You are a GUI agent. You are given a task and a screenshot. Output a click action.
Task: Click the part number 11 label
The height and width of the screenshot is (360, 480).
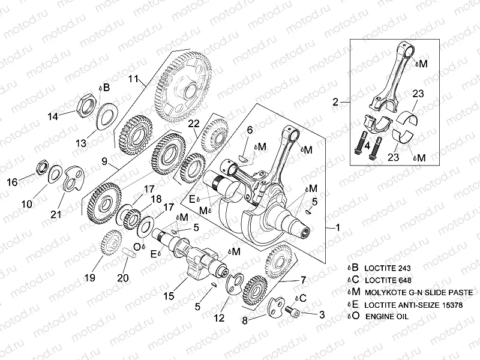(133, 79)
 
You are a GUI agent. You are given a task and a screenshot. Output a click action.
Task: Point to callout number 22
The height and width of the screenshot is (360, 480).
(193, 124)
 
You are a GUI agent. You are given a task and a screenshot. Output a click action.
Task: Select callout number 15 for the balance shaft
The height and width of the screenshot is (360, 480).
(170, 296)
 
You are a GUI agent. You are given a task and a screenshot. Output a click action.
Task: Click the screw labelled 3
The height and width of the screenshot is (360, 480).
(294, 312)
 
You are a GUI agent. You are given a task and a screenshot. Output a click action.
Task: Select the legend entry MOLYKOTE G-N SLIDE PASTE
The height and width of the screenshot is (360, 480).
(418, 292)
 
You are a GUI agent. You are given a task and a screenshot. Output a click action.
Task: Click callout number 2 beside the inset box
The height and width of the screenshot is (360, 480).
(336, 102)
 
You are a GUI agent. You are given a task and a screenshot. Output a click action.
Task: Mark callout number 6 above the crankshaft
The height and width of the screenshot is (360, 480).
(250, 130)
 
